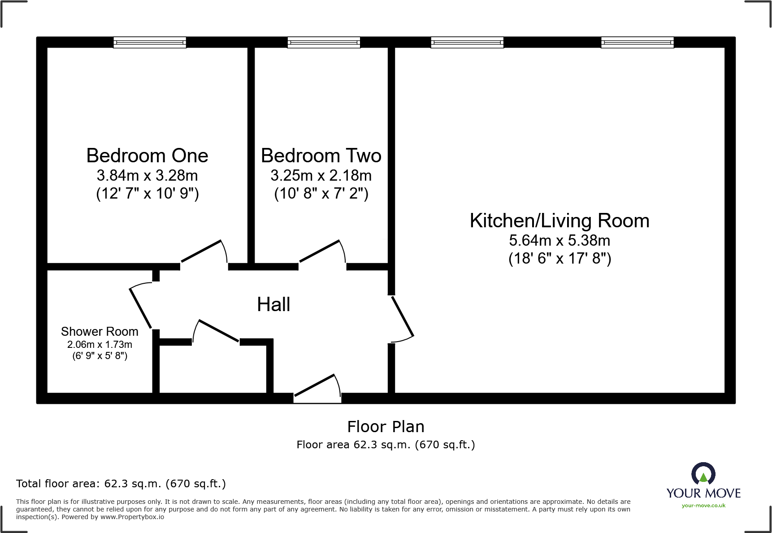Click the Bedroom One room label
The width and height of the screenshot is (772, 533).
pyautogui.click(x=147, y=156)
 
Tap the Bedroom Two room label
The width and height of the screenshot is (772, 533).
pyautogui.click(x=321, y=156)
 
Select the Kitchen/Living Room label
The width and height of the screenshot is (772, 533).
pyautogui.click(x=559, y=221)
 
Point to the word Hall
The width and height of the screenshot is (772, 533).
pyautogui.click(x=273, y=305)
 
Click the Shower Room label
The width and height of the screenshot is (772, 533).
pyautogui.click(x=100, y=332)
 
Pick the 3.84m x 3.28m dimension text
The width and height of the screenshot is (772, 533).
pyautogui.click(x=147, y=176)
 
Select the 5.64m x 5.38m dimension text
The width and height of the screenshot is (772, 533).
pyautogui.click(x=559, y=241)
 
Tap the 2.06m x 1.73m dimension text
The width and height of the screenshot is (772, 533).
pyautogui.click(x=100, y=345)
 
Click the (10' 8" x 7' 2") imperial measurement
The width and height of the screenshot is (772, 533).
pyautogui.click(x=321, y=194)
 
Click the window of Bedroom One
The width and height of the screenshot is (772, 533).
pyautogui.click(x=149, y=43)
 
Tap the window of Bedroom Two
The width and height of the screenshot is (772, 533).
pyautogui.click(x=323, y=43)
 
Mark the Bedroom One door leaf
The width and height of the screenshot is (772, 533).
pyautogui.click(x=201, y=251)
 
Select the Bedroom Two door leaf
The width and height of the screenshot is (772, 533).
pyautogui.click(x=319, y=251)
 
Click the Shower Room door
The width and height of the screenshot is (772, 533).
pyautogui.click(x=140, y=308)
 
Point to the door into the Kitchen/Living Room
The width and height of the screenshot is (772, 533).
pyautogui.click(x=403, y=316)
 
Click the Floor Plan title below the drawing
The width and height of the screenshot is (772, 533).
pyautogui.click(x=386, y=427)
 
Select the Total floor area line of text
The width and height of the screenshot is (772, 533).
pyautogui.click(x=121, y=484)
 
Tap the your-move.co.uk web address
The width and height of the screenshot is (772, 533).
pyautogui.click(x=703, y=506)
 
